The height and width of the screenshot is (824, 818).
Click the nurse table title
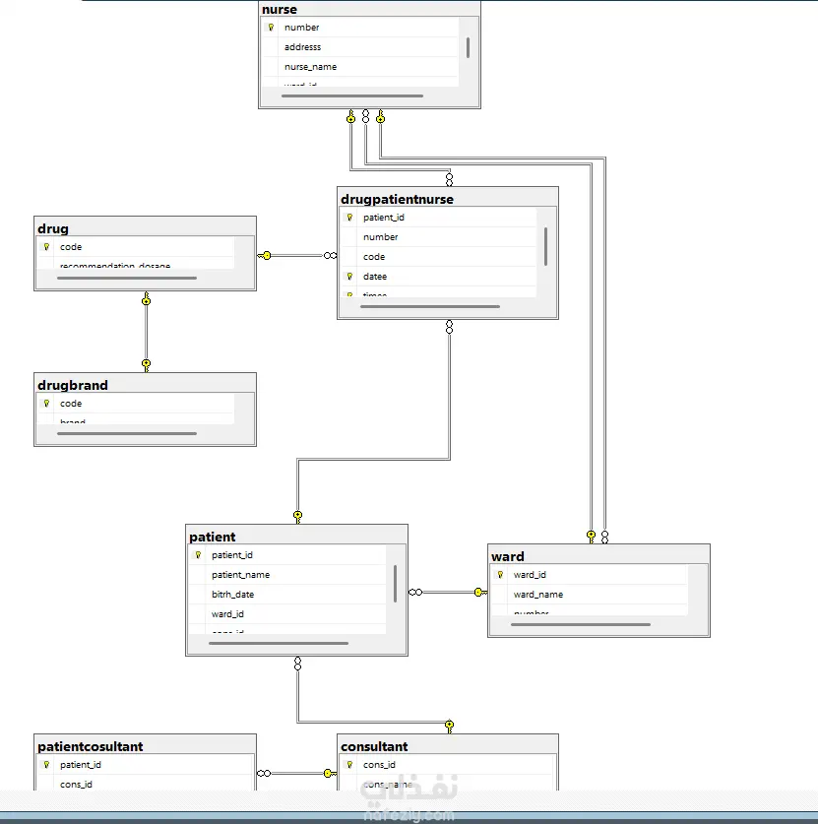pyautogui.click(x=280, y=10)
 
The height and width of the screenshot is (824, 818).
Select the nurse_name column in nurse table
pyautogui.click(x=310, y=67)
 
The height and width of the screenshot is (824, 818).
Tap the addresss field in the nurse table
pyautogui.click(x=302, y=47)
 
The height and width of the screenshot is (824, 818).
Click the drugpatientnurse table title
pyautogui.click(x=397, y=199)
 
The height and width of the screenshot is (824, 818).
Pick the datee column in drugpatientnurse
pyautogui.click(x=375, y=277)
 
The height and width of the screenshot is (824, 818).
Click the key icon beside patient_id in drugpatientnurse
pyautogui.click(x=349, y=218)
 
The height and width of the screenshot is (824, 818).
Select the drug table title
pyautogui.click(x=53, y=228)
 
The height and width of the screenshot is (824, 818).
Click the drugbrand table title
pyautogui.click(x=73, y=385)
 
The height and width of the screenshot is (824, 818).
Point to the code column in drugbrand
pyautogui.click(x=71, y=404)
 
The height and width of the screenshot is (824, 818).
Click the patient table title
pyautogui.click(x=213, y=537)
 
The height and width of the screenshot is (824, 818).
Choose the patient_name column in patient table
pyautogui.click(x=240, y=575)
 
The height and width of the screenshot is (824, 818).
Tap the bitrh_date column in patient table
pyautogui.click(x=232, y=595)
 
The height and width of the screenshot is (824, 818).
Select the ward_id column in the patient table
pyautogui.click(x=227, y=614)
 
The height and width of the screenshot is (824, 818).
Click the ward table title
pyautogui.click(x=508, y=556)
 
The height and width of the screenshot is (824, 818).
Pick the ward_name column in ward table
pyautogui.click(x=538, y=595)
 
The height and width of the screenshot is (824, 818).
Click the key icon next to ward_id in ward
pyautogui.click(x=500, y=575)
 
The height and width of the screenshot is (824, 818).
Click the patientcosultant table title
pyautogui.click(x=90, y=746)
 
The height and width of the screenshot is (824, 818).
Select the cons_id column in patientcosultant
pyautogui.click(x=76, y=785)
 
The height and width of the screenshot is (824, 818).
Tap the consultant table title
pyautogui.click(x=374, y=746)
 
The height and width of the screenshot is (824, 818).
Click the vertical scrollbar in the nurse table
pyautogui.click(x=468, y=47)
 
